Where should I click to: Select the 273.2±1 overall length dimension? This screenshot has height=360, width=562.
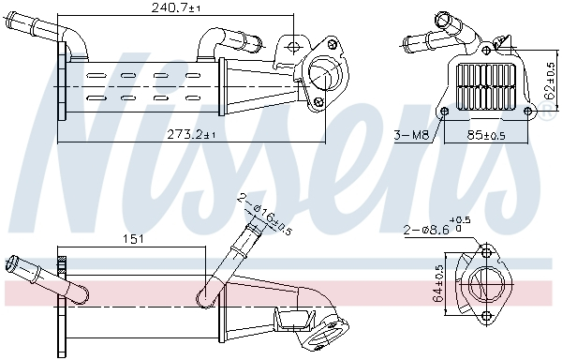click(191, 135)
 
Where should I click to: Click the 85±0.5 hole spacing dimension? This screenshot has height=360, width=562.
click(487, 135)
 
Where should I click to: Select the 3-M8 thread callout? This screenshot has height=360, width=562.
click(411, 135)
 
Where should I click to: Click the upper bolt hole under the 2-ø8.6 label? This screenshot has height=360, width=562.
click(484, 251)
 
